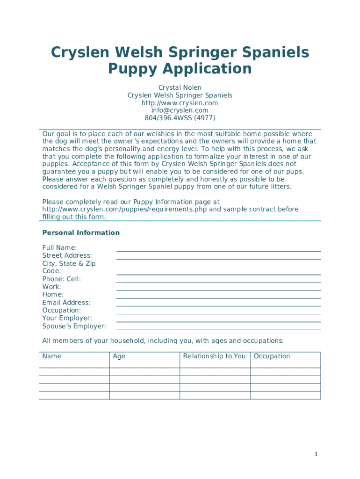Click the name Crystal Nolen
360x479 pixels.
coord(180,87)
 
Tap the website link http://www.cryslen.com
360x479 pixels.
coord(180,103)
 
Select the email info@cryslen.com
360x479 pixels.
coord(180,110)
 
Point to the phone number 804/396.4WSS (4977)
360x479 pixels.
coord(180,118)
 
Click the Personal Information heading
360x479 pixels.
coord(81,232)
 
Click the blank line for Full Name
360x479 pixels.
coord(218,248)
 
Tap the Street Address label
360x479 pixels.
coord(67,255)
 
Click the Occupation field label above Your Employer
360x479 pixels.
coord(61,310)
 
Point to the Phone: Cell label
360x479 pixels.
coord(61,279)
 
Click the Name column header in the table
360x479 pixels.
coord(52,356)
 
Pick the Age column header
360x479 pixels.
coord(119,356)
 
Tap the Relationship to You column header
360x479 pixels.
coord(214,356)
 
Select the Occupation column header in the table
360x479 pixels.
coord(272,356)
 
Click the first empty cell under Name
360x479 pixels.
coord(74,364)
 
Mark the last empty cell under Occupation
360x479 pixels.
coord(285,395)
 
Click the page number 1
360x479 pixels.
coord(316,454)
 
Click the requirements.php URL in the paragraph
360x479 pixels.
coord(124,209)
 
